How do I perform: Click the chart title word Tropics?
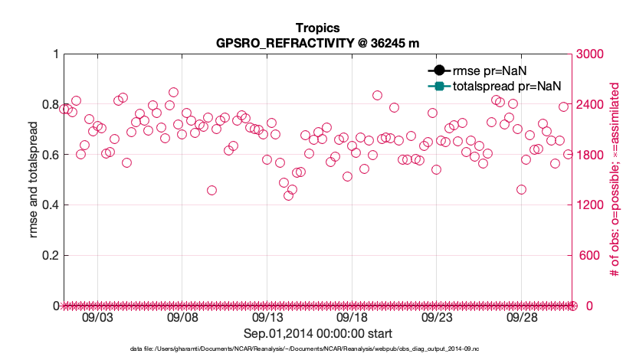tap(318, 28)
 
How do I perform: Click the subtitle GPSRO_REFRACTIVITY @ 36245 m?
tap(318, 43)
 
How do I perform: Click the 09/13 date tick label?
tap(267, 317)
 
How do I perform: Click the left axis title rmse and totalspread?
tap(34, 179)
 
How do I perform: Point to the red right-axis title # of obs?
tap(615, 179)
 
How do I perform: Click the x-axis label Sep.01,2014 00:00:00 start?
tap(318, 333)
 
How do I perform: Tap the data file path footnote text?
tap(318, 349)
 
